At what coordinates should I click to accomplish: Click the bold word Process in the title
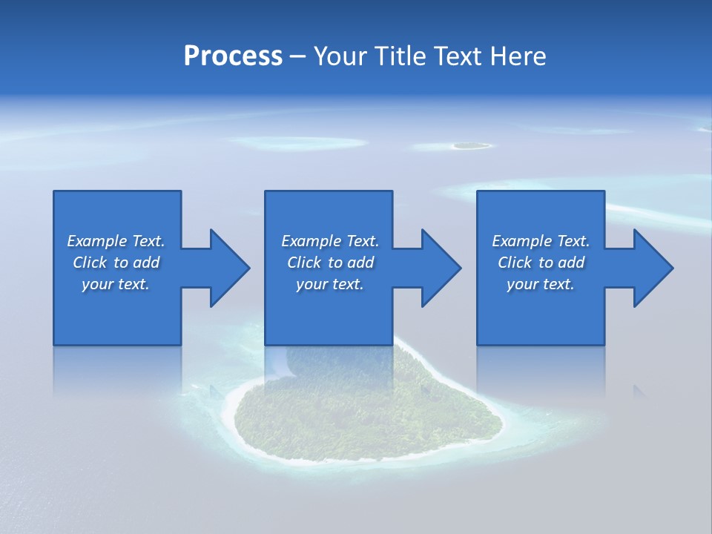click(x=233, y=56)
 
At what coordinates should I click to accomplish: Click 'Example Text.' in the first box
click(x=116, y=241)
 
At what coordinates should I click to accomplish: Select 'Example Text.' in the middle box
click(x=329, y=241)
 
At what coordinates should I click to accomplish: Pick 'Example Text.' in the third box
click(x=541, y=241)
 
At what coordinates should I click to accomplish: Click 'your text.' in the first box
click(x=116, y=284)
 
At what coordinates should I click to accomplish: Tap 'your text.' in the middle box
click(x=329, y=284)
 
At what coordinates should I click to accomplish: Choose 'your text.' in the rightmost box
click(x=541, y=284)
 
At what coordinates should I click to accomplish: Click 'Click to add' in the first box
click(x=116, y=263)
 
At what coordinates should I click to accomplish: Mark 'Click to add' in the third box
click(x=541, y=263)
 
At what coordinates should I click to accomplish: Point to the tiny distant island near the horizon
click(x=470, y=146)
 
